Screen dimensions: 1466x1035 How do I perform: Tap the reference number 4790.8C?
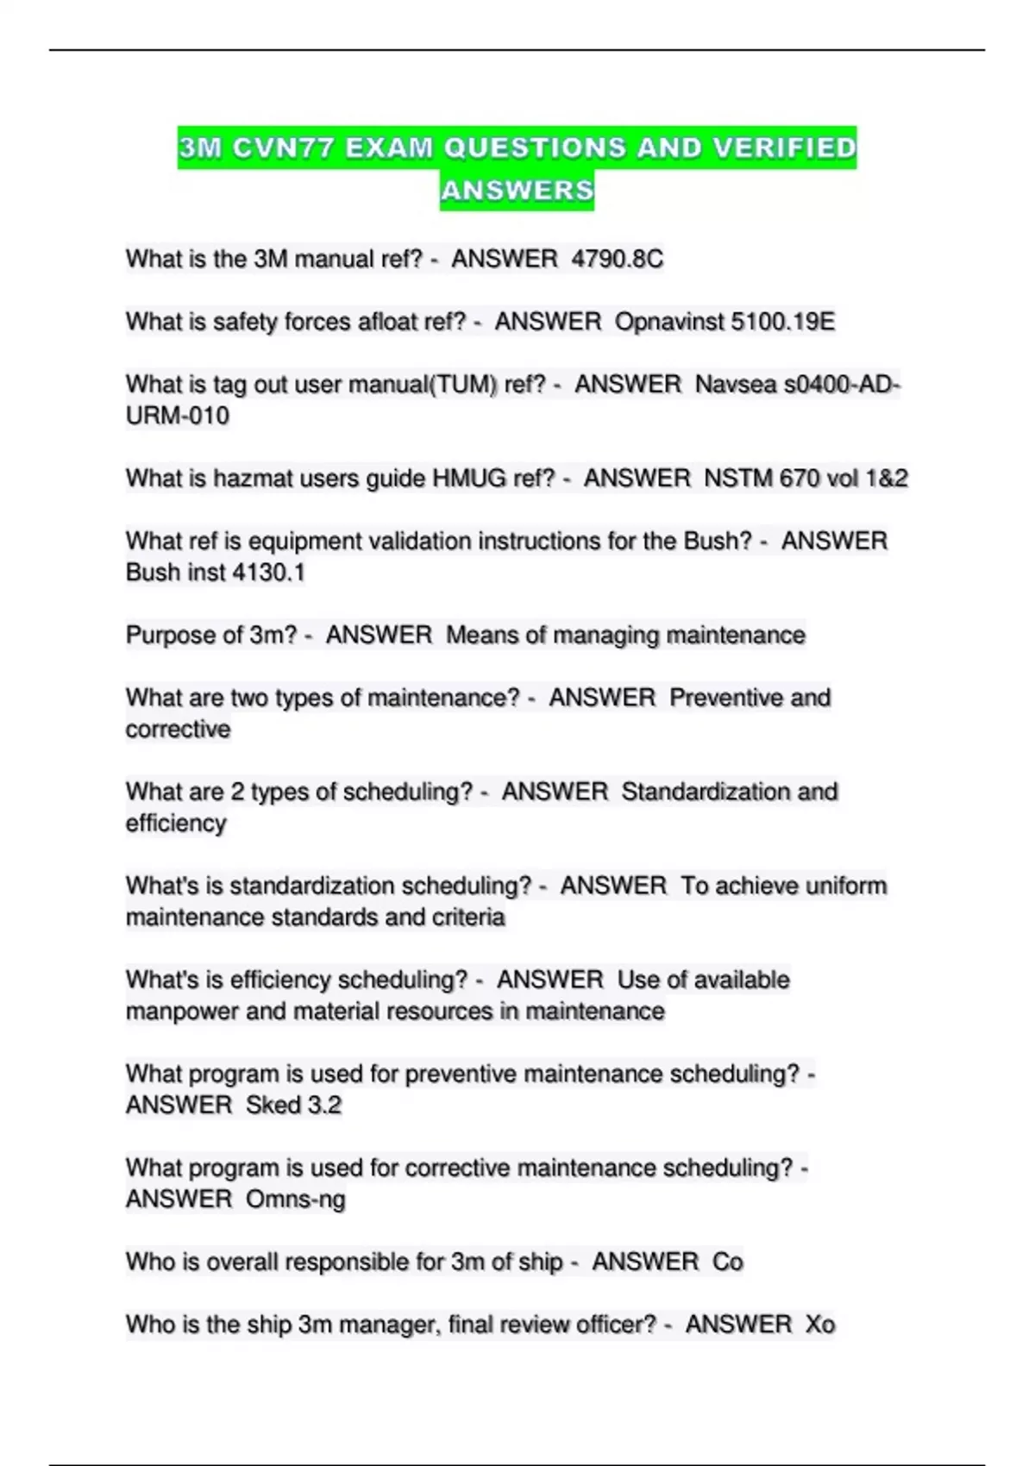[x=618, y=259]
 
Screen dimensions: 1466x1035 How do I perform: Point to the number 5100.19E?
[x=782, y=322]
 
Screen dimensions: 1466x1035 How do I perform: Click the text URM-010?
[x=178, y=416]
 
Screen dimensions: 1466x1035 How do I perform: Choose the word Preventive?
[x=726, y=698]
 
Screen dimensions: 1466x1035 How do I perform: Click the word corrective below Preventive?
[x=179, y=730]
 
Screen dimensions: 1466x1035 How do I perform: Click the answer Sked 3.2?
[x=293, y=1106]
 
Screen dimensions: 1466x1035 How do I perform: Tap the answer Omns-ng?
[x=295, y=1200]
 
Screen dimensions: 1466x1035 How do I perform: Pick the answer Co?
[x=727, y=1262]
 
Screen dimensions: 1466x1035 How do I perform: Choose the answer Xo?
[x=819, y=1325]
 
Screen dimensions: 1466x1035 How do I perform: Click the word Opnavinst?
[x=669, y=322]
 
